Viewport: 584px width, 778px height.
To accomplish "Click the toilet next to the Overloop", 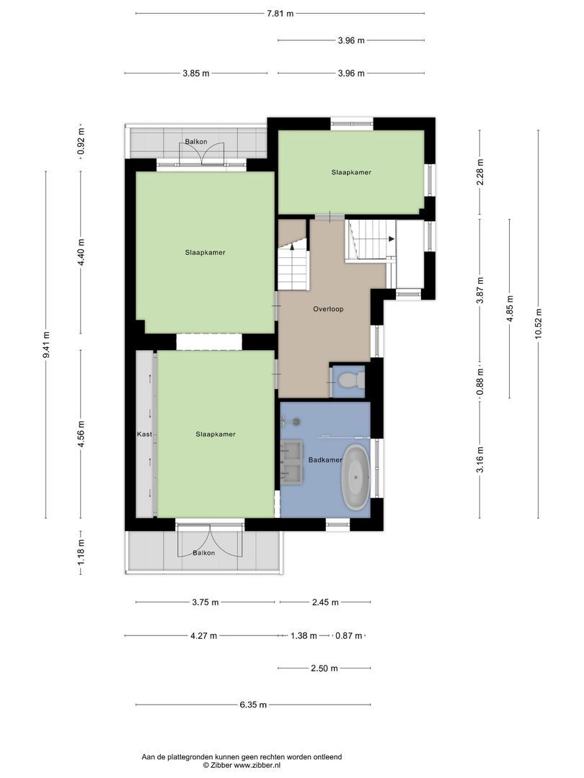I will point(348,380).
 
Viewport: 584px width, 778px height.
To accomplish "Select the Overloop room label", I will point(328,309).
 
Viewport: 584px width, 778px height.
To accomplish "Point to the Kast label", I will point(144,434).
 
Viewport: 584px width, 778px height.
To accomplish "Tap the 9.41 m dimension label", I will point(46,344).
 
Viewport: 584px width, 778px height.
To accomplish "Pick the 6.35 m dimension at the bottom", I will point(253,705).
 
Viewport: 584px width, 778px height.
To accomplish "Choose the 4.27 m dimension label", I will point(203,636).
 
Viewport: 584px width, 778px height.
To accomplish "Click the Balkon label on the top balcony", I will point(195,142).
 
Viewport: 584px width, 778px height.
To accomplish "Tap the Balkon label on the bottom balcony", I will point(203,553).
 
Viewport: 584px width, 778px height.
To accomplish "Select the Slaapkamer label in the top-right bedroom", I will point(351,172).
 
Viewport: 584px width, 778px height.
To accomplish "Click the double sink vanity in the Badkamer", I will point(293,461).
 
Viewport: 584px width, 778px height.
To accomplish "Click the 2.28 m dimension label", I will point(480,172).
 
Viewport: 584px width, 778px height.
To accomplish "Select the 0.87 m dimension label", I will point(349,636).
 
